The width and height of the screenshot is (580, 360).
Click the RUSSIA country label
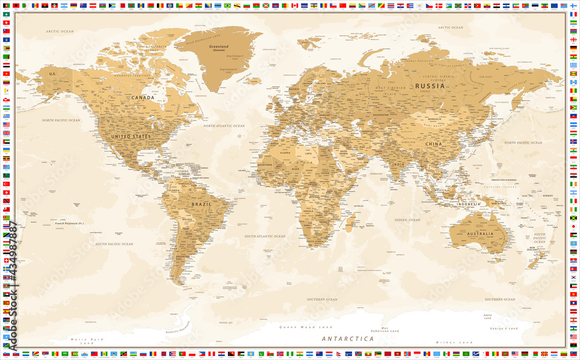coord(430,86)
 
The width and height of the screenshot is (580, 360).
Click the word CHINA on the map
coord(433,143)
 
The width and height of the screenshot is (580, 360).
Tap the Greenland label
coord(219,46)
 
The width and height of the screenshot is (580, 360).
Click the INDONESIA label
coord(468,204)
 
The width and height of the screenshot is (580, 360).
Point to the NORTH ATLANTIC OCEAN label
coord(224,126)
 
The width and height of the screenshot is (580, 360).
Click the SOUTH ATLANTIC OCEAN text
coord(264,237)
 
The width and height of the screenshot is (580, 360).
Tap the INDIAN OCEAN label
coord(407,220)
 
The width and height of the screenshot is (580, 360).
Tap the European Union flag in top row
coord(554,5)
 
